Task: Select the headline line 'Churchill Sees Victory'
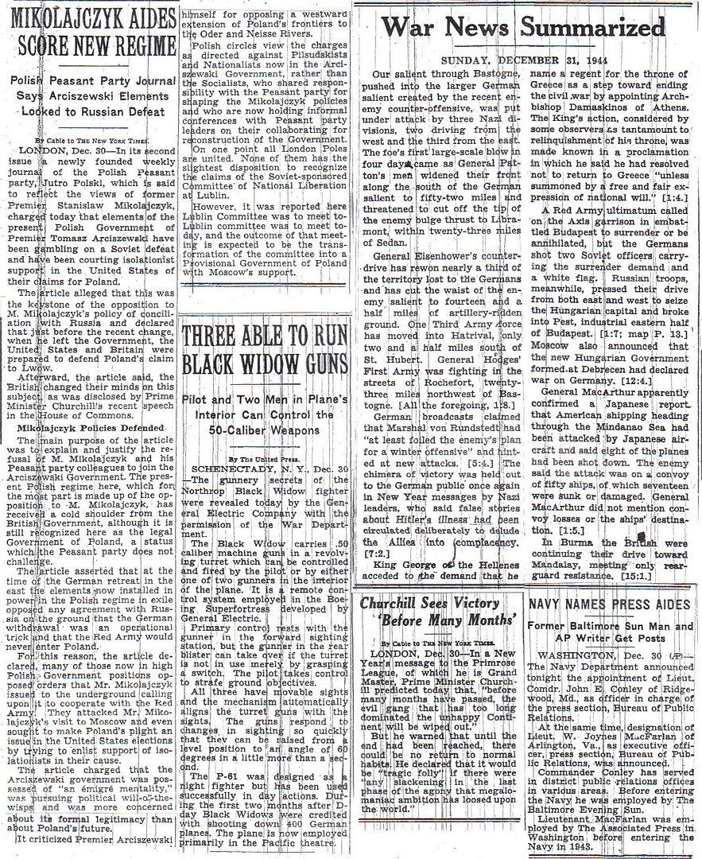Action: tap(433, 604)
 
